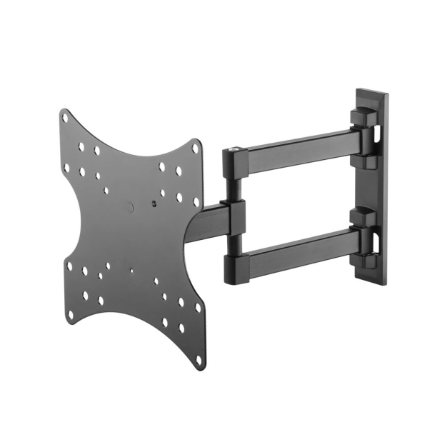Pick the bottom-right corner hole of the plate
(199, 308)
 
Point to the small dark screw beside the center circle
(155, 204)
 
